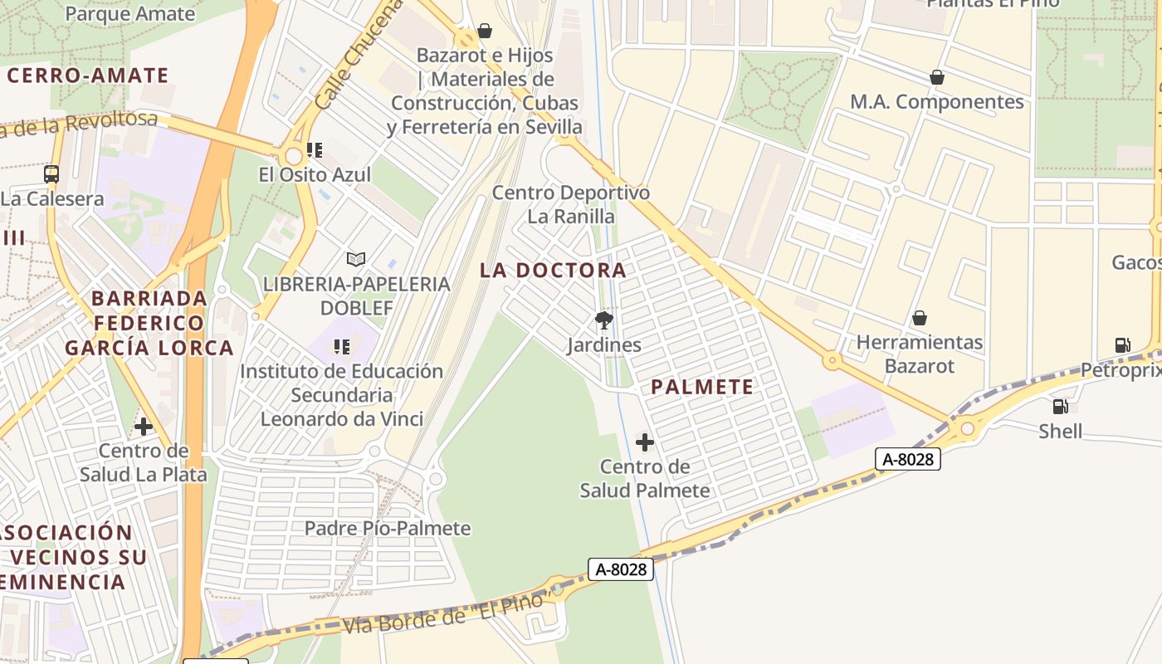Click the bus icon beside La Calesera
[x=51, y=174]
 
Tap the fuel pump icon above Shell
[x=1060, y=407]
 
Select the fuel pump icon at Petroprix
[x=1122, y=345]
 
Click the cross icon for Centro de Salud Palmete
[x=645, y=442]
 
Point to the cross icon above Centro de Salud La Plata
[x=144, y=427]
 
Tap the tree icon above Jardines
[x=604, y=320]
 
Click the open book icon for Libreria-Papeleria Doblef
[x=356, y=260]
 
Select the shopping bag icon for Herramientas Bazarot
[x=919, y=318]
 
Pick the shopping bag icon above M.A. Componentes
[x=937, y=77]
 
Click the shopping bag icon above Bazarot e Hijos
[x=485, y=32]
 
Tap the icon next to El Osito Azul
[x=315, y=150]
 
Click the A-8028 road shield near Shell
[x=907, y=459]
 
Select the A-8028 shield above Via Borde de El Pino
[x=621, y=569]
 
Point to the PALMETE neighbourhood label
[x=702, y=387]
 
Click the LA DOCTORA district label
[x=553, y=271]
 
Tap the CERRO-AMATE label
[x=88, y=76]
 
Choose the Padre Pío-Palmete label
[x=388, y=529]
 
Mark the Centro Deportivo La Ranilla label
[x=571, y=205]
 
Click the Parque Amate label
[x=129, y=13]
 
